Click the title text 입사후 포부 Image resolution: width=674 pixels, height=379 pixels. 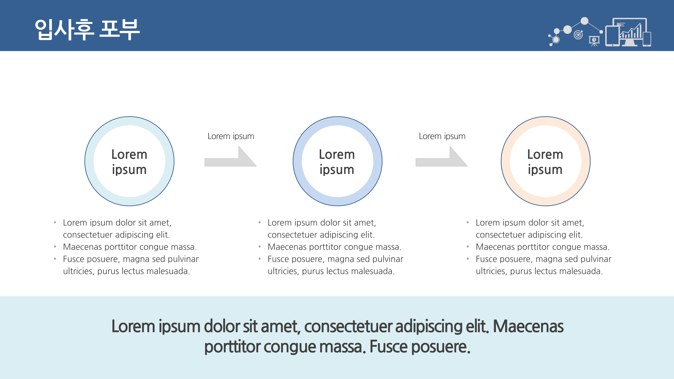87,29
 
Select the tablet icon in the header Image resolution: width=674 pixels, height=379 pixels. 612,36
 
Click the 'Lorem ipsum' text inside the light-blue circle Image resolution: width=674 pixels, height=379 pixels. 129,162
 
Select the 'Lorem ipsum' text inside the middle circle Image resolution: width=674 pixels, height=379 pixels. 337,162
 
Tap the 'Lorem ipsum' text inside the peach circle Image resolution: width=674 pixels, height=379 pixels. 545,162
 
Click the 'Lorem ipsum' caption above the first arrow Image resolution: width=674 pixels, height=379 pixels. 231,136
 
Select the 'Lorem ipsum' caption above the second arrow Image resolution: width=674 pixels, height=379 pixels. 442,136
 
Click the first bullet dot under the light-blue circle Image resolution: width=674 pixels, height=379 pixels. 55,222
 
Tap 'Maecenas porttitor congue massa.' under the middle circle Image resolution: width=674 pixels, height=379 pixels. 334,247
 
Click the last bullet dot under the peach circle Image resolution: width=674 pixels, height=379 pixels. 468,259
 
